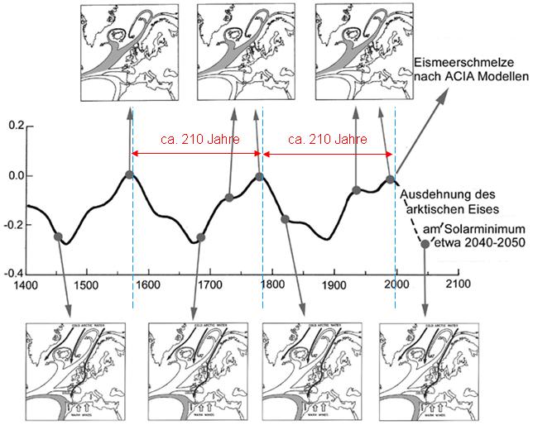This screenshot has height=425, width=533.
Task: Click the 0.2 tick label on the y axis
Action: click(x=15, y=126)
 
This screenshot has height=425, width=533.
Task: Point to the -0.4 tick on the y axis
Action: click(x=13, y=273)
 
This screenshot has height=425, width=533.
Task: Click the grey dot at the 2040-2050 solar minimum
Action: click(x=425, y=244)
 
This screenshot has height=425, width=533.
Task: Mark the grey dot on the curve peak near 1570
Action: click(x=130, y=174)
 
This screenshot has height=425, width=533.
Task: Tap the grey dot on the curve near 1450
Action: click(x=58, y=237)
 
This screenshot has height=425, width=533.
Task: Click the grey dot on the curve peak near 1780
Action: click(x=260, y=176)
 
